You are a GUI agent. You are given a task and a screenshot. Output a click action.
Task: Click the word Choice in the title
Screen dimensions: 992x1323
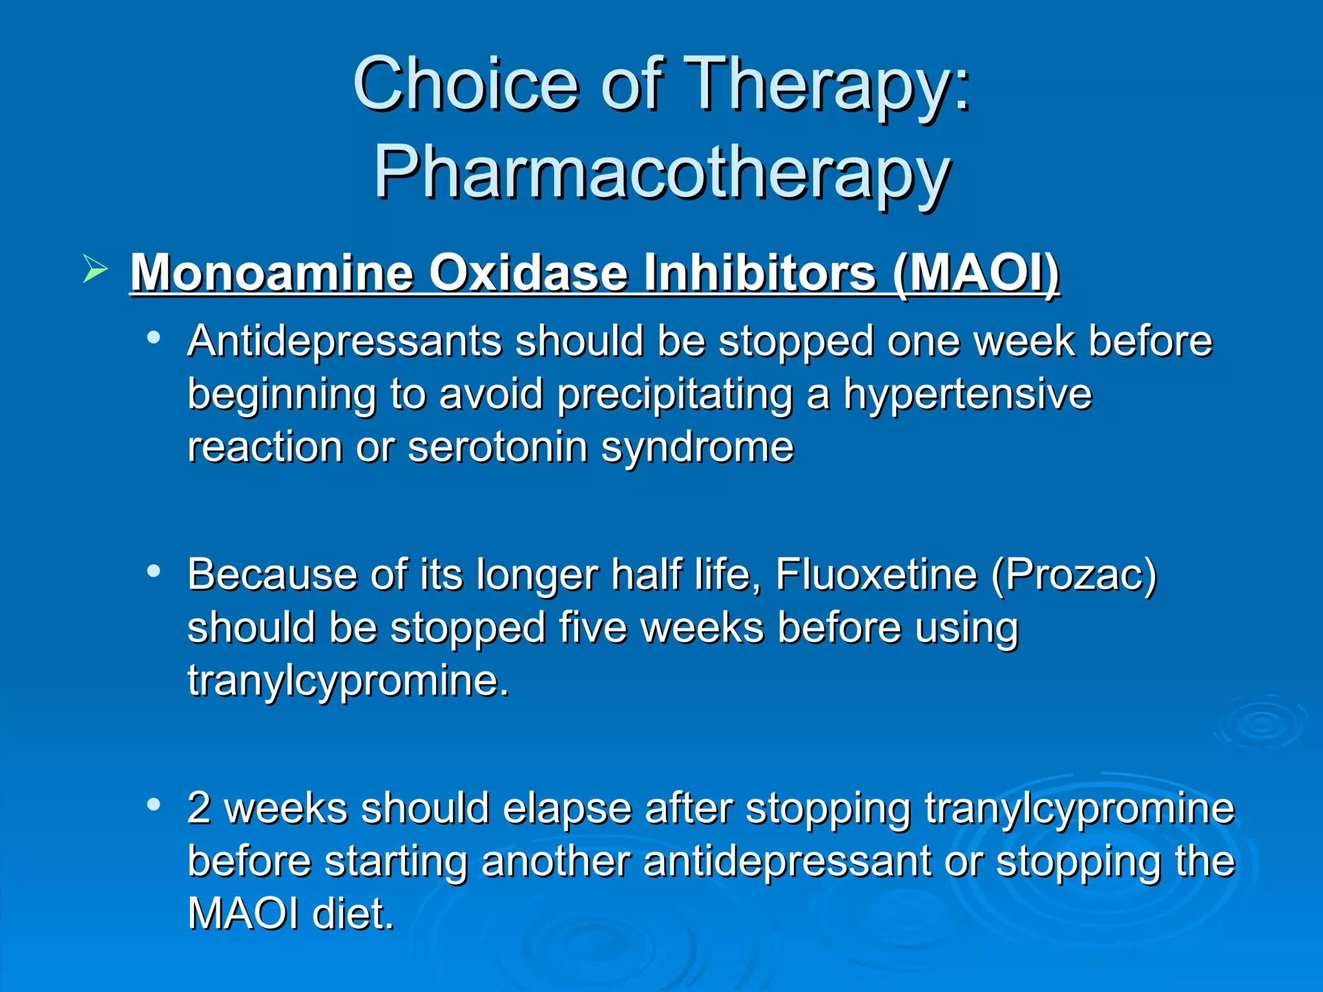(465, 84)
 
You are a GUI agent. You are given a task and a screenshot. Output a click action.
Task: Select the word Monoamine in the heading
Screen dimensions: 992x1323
(271, 273)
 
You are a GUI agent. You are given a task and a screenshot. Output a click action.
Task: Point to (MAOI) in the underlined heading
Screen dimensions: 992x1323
(975, 273)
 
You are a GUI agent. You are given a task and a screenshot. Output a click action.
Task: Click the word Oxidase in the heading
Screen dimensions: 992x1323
(528, 273)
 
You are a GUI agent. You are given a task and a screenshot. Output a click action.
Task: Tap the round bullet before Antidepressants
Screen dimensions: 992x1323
(153, 337)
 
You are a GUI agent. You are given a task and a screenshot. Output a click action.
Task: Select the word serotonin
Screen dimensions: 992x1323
(497, 447)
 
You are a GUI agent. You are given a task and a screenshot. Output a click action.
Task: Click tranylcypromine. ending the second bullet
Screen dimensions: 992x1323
(349, 681)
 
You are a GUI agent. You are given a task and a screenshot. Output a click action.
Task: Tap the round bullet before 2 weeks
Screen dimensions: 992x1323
(153, 805)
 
